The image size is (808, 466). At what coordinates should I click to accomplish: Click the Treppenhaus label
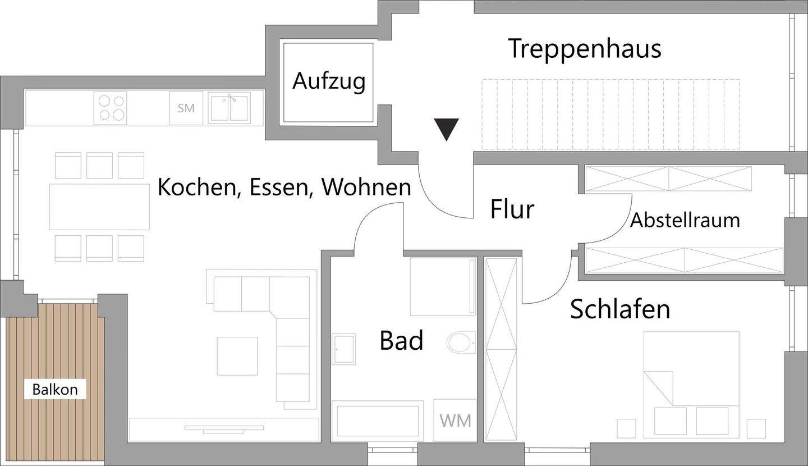tap(585, 49)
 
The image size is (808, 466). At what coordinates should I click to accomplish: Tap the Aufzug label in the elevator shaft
tap(329, 81)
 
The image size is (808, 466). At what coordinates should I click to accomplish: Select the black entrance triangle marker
tap(447, 130)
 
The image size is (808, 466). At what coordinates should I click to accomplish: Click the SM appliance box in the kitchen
tap(186, 108)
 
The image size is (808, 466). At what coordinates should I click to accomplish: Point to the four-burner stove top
tap(111, 108)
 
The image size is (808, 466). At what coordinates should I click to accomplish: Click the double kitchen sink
tap(229, 108)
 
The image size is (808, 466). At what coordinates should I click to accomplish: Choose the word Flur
tap(512, 209)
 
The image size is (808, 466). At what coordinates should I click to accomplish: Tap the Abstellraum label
tap(685, 220)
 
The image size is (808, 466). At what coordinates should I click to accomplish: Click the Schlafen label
tap(620, 309)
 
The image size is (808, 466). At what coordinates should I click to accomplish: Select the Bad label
tap(401, 340)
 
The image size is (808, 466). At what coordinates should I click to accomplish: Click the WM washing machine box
tap(455, 421)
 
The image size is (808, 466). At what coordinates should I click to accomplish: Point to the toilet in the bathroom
tap(461, 341)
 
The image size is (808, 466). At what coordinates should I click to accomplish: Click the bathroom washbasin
tap(343, 349)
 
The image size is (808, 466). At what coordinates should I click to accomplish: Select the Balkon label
tap(55, 390)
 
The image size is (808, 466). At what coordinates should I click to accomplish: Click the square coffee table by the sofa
tap(237, 356)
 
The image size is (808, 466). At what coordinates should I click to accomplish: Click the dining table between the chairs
tap(99, 207)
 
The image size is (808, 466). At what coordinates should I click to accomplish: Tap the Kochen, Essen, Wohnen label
tap(284, 187)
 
